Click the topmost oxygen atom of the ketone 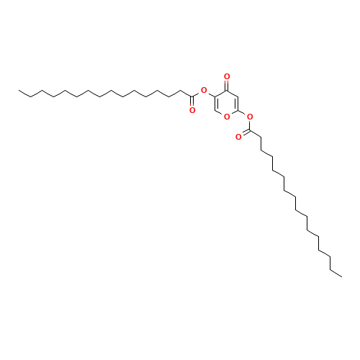(x=227, y=76)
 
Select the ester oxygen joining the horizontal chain (x=204, y=91)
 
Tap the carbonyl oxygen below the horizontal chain (x=192, y=109)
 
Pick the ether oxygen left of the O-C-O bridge (x=227, y=117)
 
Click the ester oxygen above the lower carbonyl (x=249, y=117)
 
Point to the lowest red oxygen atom (x=238, y=136)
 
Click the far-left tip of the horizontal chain (x=19, y=91)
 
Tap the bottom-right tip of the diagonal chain (x=341, y=274)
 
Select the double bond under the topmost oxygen (x=227, y=84)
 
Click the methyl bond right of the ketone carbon (x=232, y=94)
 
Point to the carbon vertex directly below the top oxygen (x=227, y=91)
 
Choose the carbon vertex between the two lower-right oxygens (x=238, y=111)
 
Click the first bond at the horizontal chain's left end (x=24, y=93)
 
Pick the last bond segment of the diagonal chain (x=336, y=271)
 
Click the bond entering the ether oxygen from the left (x=220, y=114)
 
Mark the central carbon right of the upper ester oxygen (x=215, y=96)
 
